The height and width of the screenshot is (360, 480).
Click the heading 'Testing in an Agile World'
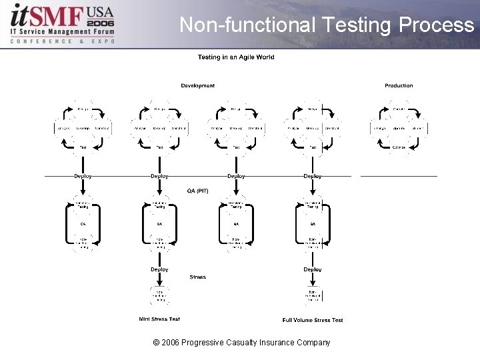click(x=236, y=57)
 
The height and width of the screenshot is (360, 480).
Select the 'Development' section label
click(x=198, y=85)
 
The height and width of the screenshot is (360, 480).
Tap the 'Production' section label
click(x=399, y=85)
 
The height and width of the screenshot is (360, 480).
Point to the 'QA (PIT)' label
click(x=198, y=191)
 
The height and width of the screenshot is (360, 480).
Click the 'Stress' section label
click(x=198, y=277)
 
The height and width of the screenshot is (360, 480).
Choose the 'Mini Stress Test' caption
click(x=159, y=319)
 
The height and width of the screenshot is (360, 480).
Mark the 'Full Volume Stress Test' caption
click(x=313, y=320)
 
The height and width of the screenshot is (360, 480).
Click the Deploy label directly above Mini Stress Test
click(x=159, y=269)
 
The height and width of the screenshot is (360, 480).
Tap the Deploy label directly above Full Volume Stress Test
click(x=313, y=269)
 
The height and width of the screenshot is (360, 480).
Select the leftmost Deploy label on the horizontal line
click(x=83, y=176)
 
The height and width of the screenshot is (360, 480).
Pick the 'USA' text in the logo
click(x=100, y=12)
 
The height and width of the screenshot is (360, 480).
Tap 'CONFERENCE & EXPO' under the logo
click(x=63, y=41)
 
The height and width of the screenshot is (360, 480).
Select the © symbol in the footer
click(x=156, y=343)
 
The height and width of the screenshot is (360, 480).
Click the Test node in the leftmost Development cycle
click(x=83, y=147)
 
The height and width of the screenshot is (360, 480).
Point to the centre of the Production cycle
click(x=399, y=127)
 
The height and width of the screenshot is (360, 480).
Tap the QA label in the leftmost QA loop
click(x=83, y=223)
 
